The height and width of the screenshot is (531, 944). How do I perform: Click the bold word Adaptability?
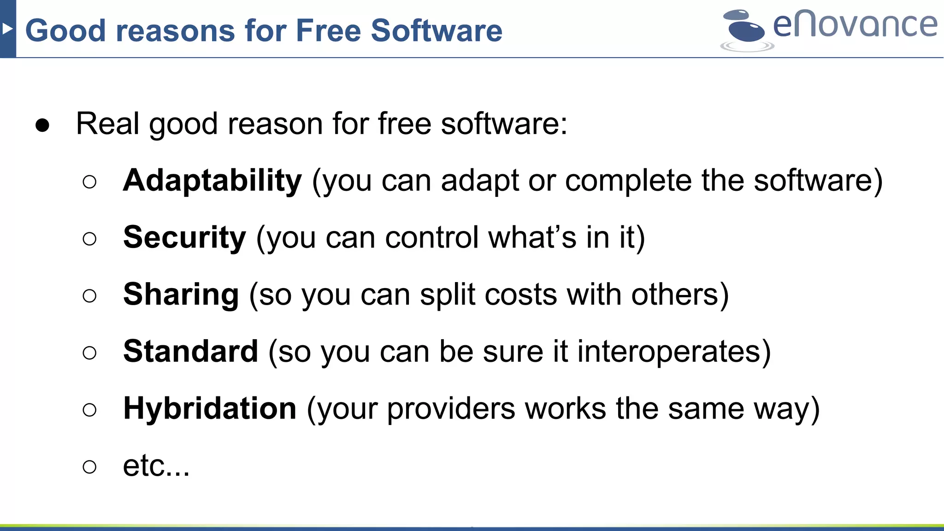212,181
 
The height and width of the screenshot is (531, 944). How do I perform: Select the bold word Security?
184,238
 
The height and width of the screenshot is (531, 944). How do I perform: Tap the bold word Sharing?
181,295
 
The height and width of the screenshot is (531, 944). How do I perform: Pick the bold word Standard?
190,352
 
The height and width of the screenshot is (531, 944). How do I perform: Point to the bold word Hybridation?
210,409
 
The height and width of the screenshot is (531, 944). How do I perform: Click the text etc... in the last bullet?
156,466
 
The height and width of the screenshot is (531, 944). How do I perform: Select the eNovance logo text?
855,25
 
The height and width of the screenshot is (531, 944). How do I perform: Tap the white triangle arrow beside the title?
7,29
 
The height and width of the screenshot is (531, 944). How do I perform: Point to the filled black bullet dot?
42,125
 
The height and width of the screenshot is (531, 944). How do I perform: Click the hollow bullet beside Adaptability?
89,182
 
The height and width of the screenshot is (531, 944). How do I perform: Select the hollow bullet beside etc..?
89,467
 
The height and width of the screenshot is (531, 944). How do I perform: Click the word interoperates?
668,352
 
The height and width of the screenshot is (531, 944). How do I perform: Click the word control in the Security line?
431,238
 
